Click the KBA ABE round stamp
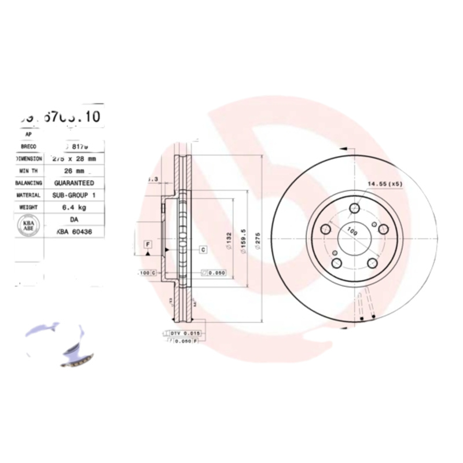(27, 225)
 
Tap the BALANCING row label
(28, 183)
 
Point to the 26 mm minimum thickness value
(74, 171)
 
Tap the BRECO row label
(28, 147)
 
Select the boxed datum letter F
(148, 244)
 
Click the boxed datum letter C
(204, 249)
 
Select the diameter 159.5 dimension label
(245, 238)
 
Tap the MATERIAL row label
(28, 196)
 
